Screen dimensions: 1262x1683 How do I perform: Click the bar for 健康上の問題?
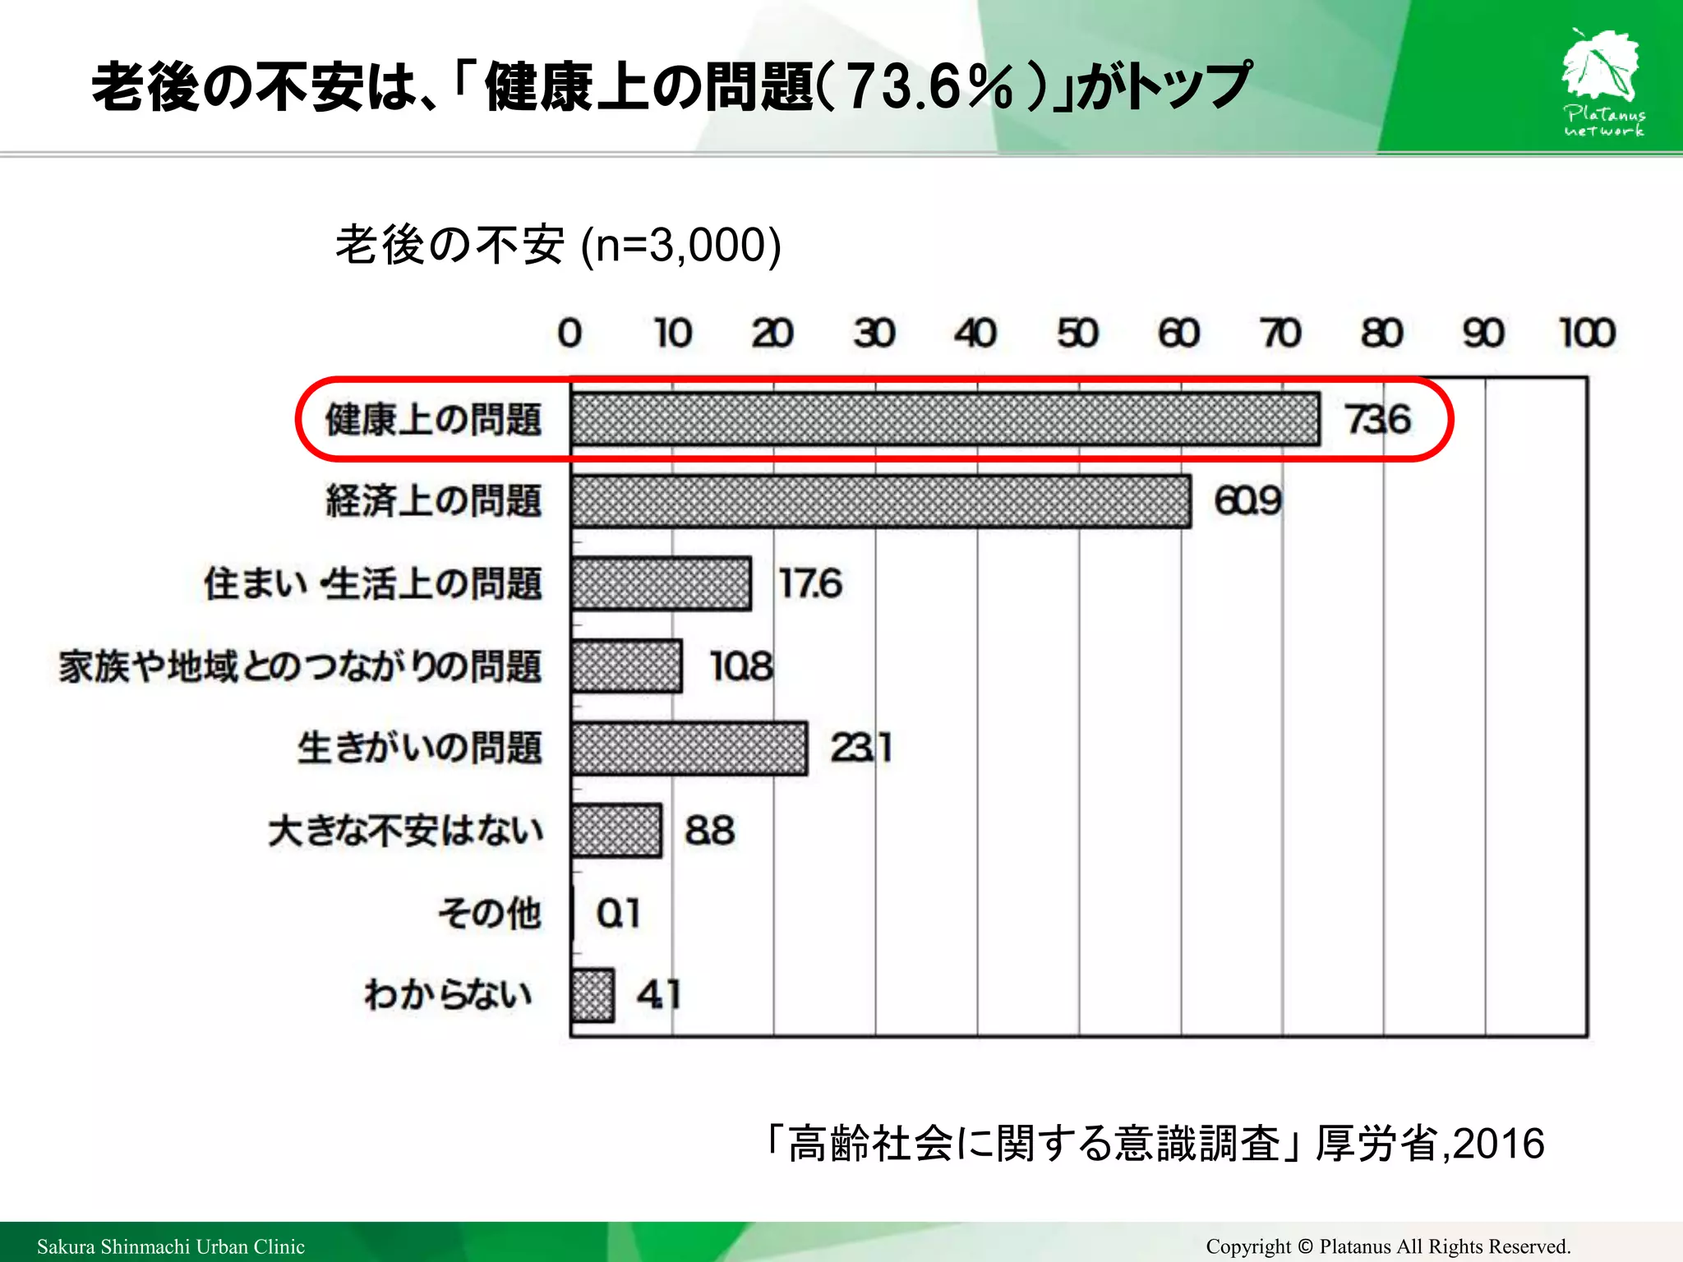click(945, 419)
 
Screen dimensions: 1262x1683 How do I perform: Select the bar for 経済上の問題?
click(880, 501)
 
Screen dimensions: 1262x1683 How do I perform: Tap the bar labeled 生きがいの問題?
click(689, 748)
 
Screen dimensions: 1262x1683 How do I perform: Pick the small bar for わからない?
click(593, 995)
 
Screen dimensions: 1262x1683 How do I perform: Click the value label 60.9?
click(1247, 501)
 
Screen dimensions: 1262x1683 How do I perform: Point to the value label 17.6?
click(810, 583)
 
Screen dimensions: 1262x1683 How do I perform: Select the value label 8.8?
click(710, 831)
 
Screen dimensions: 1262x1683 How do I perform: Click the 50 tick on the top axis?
click(1077, 334)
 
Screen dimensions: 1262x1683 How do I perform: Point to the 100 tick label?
click(1587, 334)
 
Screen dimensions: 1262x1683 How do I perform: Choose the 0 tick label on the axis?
click(569, 334)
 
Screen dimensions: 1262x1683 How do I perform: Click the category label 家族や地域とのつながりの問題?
click(300, 666)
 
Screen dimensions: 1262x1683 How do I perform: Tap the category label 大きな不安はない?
click(405, 831)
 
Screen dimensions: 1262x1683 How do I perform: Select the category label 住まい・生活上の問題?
click(373, 584)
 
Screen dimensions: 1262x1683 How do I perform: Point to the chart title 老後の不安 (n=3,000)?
click(559, 245)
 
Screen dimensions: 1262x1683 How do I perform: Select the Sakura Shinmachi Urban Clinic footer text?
click(171, 1246)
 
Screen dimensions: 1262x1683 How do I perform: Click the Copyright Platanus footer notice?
click(1388, 1246)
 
